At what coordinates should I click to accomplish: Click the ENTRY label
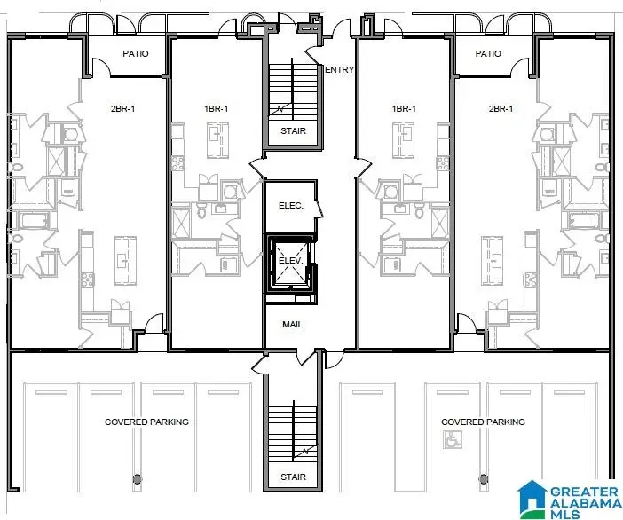coord(339,70)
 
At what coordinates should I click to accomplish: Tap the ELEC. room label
coord(291,205)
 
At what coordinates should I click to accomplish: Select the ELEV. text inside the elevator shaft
coord(291,261)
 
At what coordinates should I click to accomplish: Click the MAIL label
coord(292,325)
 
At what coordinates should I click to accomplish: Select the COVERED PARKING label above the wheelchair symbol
coord(483,422)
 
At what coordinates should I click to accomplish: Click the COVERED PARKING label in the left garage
coord(146,422)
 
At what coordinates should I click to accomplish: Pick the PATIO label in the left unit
coord(135,54)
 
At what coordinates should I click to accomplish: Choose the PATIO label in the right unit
coord(488,54)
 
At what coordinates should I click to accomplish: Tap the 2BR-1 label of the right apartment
coord(501,109)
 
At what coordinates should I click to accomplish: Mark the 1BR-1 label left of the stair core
coord(217,109)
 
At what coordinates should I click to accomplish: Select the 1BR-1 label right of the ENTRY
coord(404,109)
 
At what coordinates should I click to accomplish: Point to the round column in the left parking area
coord(137,479)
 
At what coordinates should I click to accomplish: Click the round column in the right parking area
coord(484,479)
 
